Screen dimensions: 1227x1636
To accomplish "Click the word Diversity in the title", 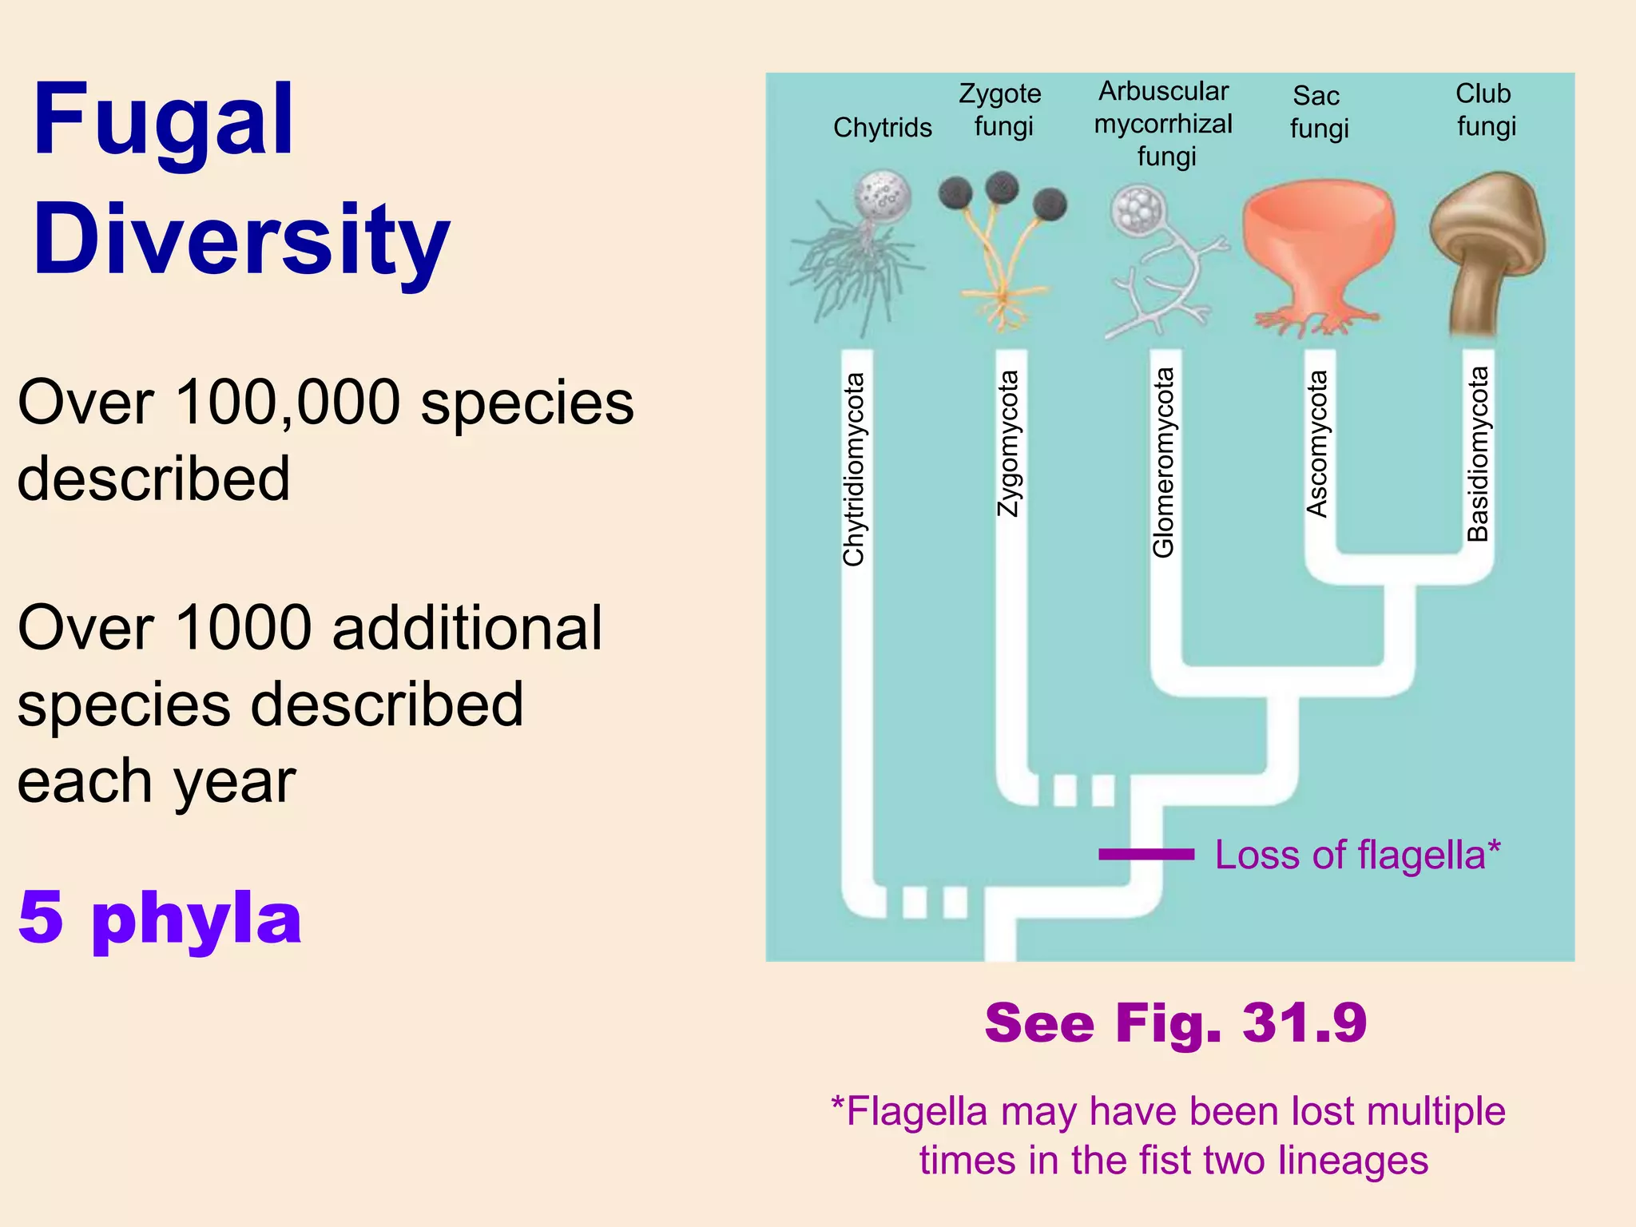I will click(241, 240).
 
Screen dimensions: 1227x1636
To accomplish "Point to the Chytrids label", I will click(882, 128).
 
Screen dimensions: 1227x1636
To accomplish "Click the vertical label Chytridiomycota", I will click(854, 470).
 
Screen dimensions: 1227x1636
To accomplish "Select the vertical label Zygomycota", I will click(1009, 443).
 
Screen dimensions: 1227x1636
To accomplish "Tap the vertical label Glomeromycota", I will click(1164, 462).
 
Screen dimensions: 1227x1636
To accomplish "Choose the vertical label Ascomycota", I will click(1317, 443).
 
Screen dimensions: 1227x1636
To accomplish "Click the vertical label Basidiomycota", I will click(1478, 454).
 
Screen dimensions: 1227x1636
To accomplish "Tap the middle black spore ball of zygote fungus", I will click(1002, 188).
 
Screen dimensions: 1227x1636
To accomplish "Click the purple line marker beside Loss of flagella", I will click(1146, 855).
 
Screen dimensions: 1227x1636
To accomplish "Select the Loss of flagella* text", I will click(1357, 855).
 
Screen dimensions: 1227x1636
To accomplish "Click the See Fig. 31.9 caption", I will click(1176, 1022).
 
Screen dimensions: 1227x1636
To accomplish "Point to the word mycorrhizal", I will click(1163, 125).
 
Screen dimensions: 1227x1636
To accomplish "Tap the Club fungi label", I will click(1484, 109).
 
